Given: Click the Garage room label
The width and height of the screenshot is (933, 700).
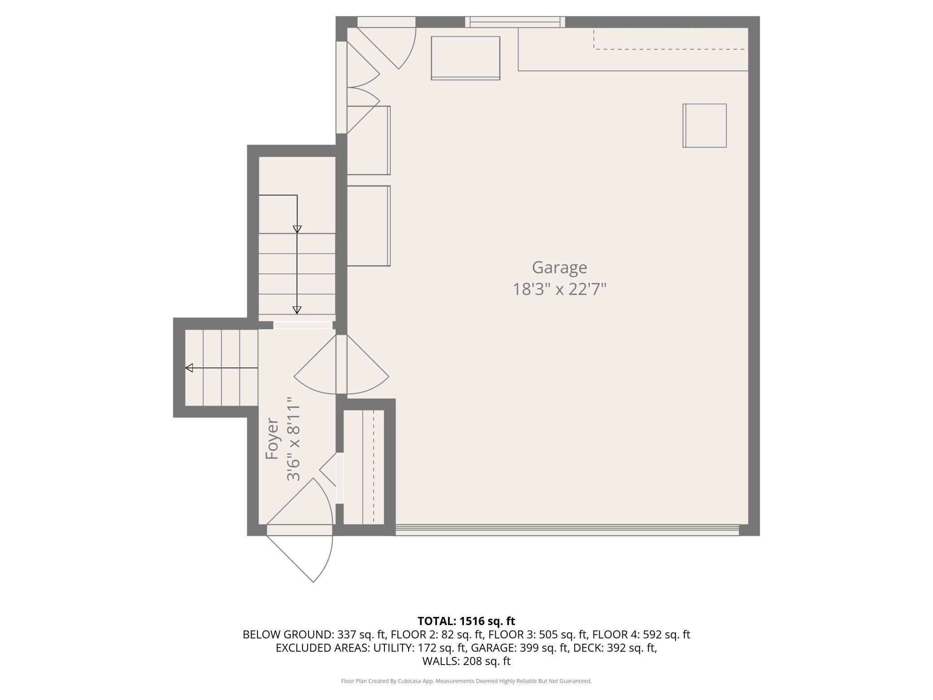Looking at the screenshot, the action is click(x=559, y=268).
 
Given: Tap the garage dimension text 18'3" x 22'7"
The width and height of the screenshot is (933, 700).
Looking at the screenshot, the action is click(x=559, y=289).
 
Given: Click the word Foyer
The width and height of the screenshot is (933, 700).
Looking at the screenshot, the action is click(x=272, y=438).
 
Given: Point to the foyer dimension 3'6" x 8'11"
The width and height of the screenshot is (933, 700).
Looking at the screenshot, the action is click(x=293, y=438).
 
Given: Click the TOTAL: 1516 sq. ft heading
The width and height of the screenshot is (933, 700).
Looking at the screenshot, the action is click(x=466, y=621).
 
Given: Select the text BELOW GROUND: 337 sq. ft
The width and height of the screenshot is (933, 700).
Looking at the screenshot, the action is click(x=314, y=634).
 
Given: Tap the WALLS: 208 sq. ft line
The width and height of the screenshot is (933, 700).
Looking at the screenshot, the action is click(x=466, y=661).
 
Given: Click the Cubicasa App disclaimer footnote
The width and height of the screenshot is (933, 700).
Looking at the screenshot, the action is click(x=466, y=681).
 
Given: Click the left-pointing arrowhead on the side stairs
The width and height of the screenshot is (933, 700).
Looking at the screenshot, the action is click(x=189, y=368).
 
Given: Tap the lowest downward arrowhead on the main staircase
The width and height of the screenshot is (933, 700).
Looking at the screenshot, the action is click(x=297, y=310).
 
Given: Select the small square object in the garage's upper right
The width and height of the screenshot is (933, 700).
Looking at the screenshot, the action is click(x=704, y=126).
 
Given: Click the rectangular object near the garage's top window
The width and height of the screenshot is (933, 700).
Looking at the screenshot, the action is click(x=466, y=58).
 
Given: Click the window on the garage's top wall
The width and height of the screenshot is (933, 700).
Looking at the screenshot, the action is click(x=515, y=22).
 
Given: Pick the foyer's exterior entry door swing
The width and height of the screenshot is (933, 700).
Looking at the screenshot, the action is click(x=300, y=530).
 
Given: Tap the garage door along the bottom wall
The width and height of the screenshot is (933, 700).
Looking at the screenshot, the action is click(x=567, y=530).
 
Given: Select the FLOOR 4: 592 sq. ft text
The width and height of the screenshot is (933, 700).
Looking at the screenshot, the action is click(x=641, y=634).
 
